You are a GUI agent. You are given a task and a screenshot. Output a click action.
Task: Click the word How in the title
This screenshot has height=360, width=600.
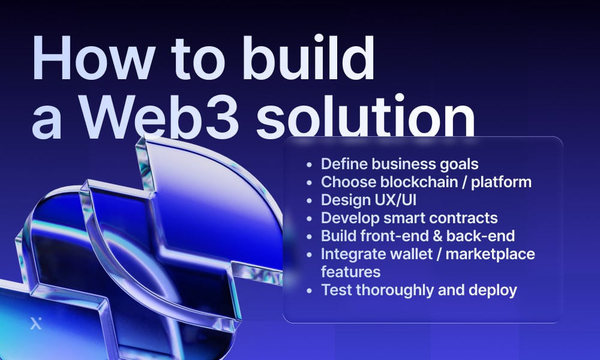click(94, 58)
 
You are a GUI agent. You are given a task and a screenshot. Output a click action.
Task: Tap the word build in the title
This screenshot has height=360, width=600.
click(308, 57)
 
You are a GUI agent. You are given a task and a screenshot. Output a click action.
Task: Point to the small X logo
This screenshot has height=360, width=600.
click(35, 323)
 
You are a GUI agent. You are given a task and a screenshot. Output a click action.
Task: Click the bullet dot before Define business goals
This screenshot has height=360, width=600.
click(310, 165)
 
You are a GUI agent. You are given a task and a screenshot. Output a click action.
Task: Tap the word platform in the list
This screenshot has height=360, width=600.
click(501, 182)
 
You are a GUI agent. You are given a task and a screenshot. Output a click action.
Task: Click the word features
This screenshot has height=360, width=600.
click(351, 272)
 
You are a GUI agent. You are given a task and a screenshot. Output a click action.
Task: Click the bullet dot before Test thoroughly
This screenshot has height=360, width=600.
click(310, 291)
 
